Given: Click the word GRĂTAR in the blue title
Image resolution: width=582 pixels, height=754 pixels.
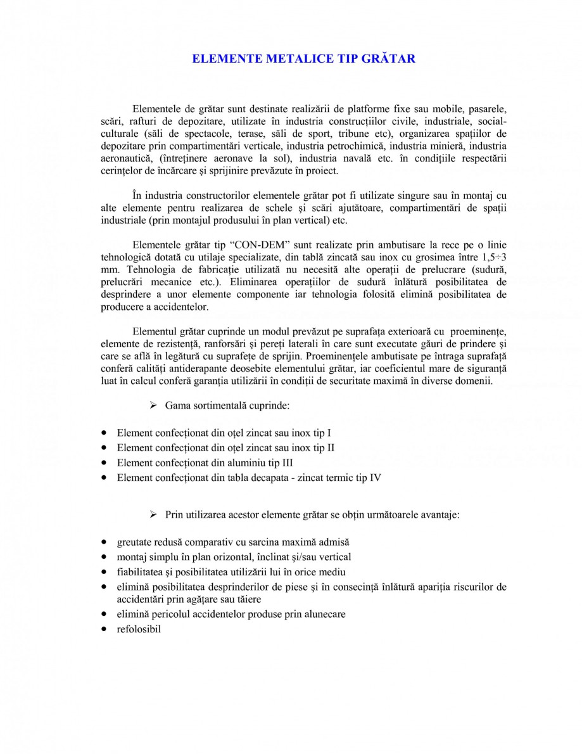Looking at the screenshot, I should (386, 59).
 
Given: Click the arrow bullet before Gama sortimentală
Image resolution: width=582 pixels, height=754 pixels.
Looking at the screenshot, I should (153, 404).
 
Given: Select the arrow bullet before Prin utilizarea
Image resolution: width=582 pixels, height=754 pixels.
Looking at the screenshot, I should (153, 515).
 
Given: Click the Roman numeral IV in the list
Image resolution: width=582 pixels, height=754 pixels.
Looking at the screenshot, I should (374, 478).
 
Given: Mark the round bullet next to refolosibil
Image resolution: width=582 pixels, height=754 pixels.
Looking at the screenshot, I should (104, 630).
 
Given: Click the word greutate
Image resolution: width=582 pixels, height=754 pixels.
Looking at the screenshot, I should (135, 543).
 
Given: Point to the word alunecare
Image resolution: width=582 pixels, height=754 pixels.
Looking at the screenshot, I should (322, 614).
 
